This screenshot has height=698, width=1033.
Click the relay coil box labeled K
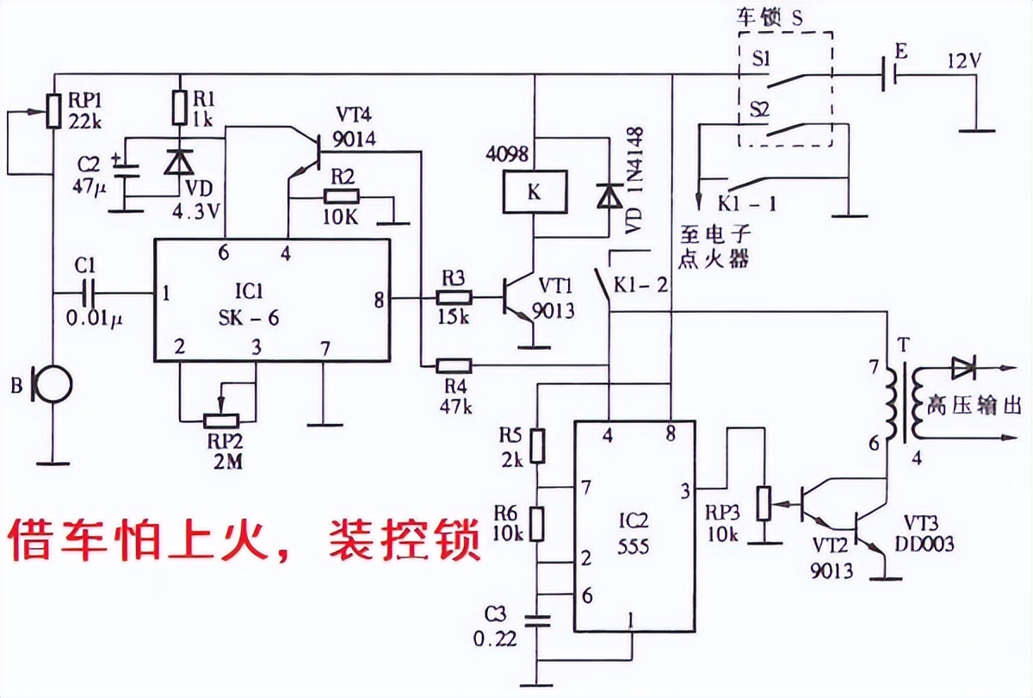(x=534, y=191)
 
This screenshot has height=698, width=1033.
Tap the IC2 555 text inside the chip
(x=634, y=534)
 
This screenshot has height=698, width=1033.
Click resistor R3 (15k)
(x=454, y=298)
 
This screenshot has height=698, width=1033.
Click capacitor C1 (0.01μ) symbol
(x=90, y=293)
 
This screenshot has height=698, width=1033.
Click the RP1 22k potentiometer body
(x=53, y=110)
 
